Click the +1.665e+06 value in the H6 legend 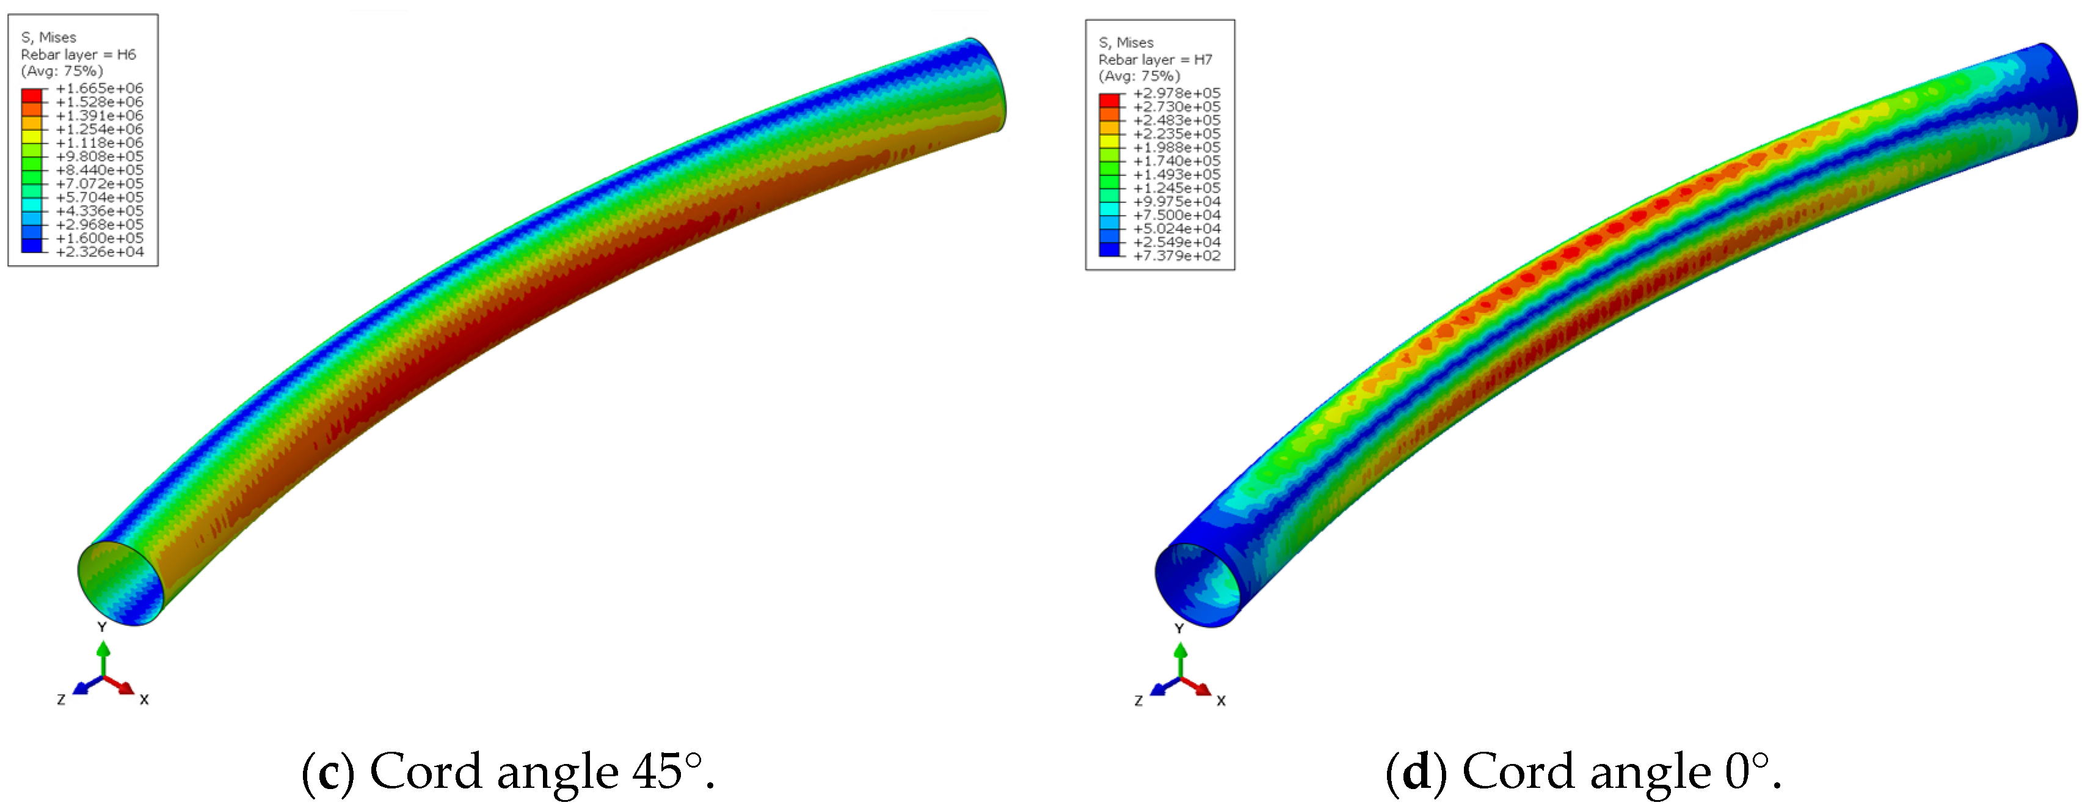[100, 88]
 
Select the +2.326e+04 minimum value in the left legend [100, 252]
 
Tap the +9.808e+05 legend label [100, 156]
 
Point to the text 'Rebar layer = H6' [79, 54]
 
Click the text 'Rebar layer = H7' [1156, 59]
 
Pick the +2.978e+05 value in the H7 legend [1177, 93]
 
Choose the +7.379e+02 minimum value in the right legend [1177, 256]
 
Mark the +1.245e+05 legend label [1177, 188]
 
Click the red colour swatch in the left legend [32, 95]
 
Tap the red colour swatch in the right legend [1109, 100]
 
